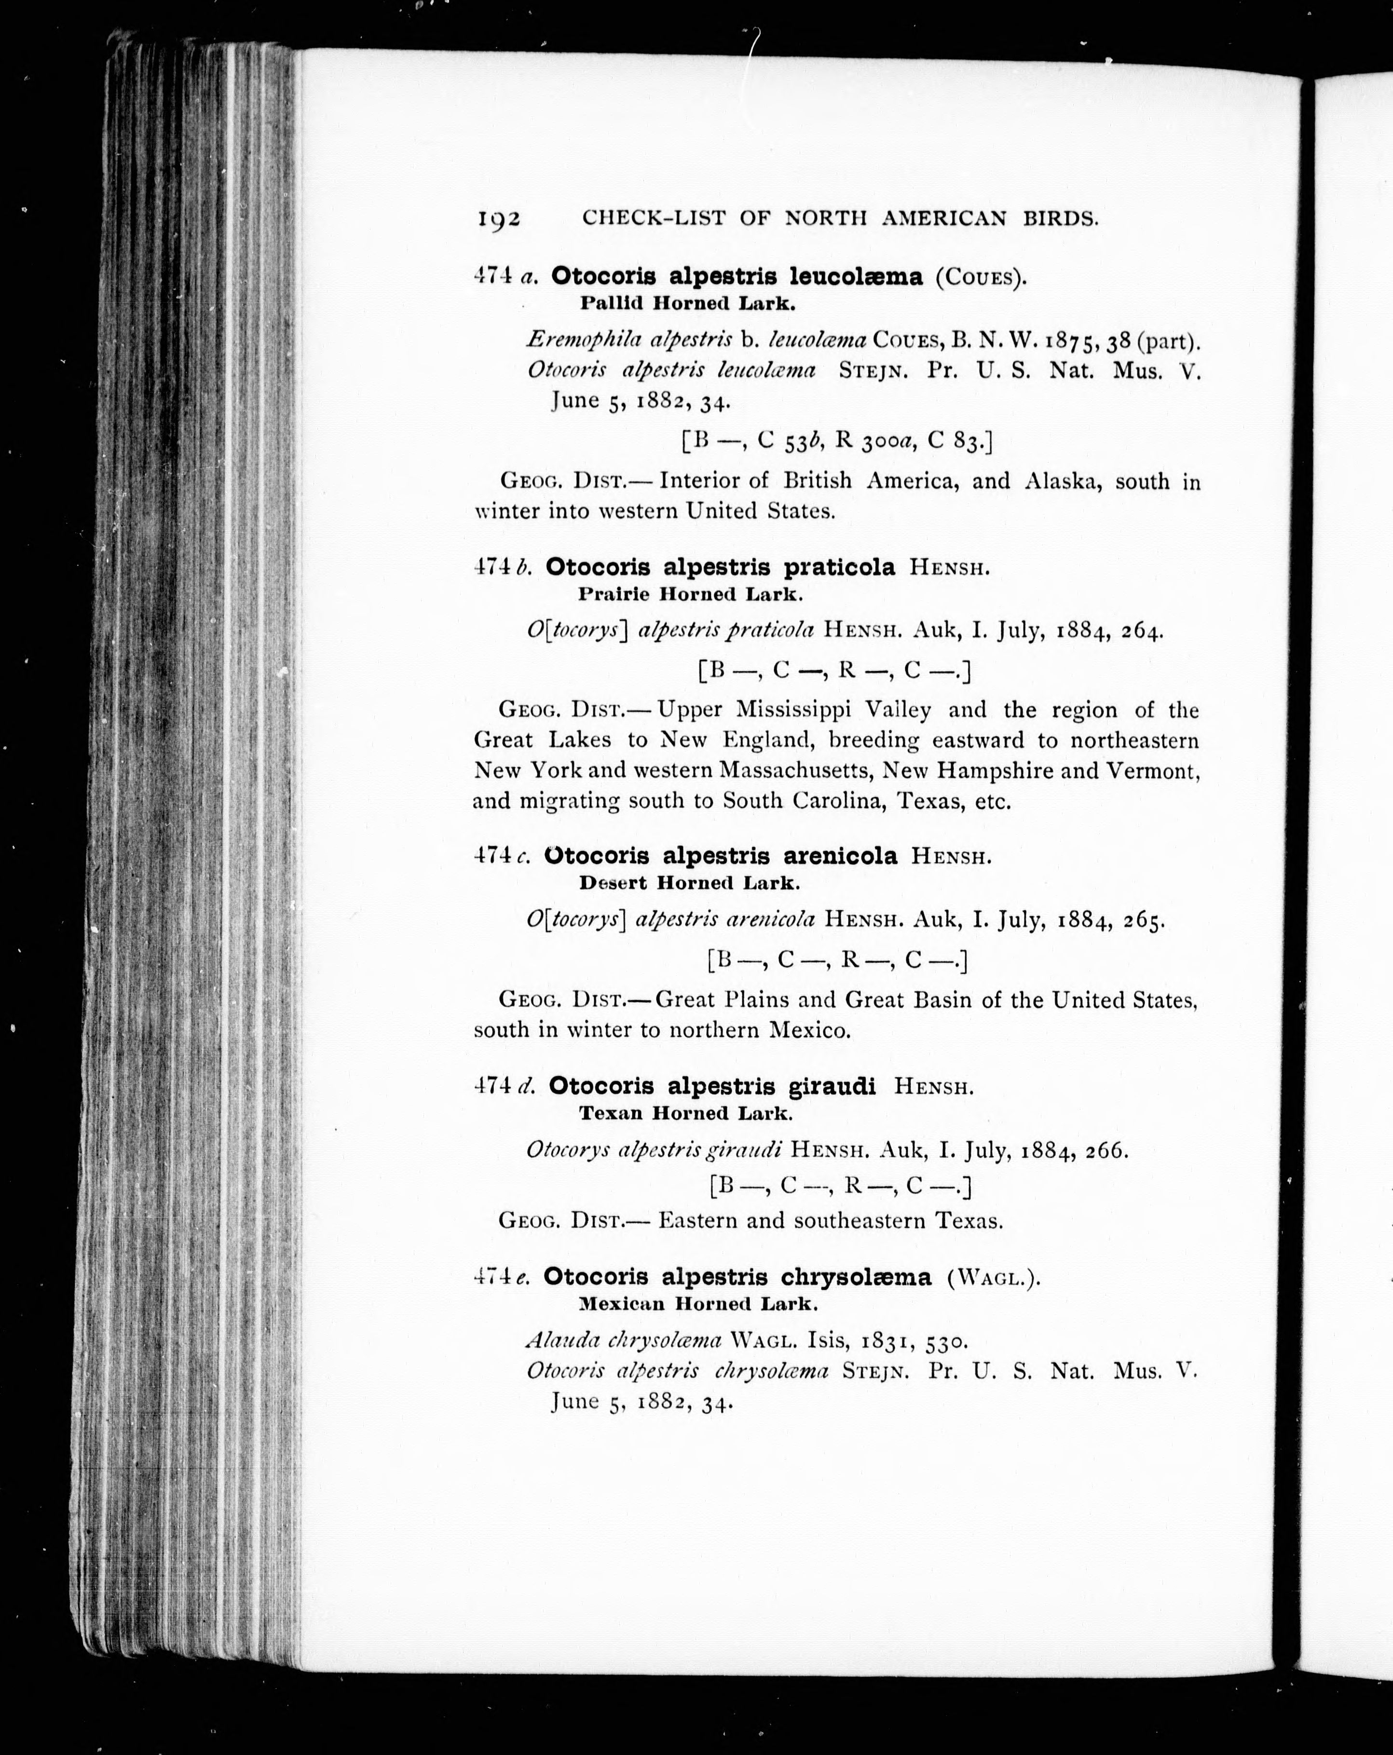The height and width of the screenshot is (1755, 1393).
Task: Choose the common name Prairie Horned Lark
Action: pos(690,594)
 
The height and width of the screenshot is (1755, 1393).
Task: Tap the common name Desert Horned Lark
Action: pos(689,882)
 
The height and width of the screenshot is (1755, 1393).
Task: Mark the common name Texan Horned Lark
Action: pos(685,1113)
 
